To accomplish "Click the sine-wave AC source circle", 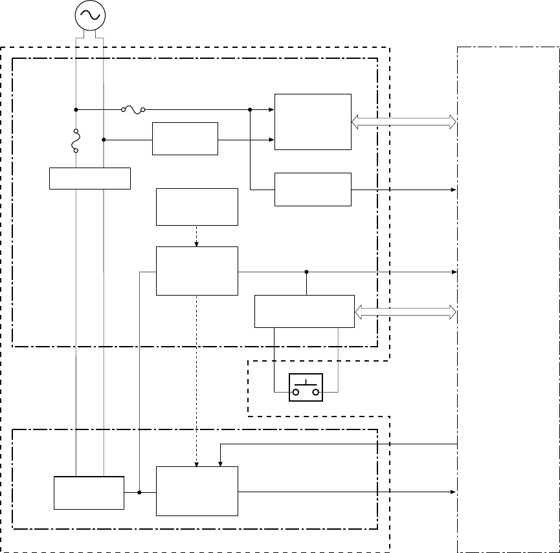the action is pos(89,16).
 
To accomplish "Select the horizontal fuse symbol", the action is pos(133,110).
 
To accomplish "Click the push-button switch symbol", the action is pos(306,387).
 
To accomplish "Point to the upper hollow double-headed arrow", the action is pos(404,121).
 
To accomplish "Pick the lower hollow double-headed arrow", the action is pos(406,312).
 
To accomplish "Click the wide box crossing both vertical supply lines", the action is pos(90,178).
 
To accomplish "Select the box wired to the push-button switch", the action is pos(304,311).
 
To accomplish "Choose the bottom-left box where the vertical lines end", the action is pos(89,493).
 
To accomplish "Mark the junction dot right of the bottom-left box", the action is pos(140,493).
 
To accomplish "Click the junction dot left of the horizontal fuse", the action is pos(76,110).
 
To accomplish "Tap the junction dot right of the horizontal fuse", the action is pos(250,110).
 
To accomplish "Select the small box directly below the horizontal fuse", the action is pos(185,138).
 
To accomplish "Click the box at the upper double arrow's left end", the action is pos(313,122).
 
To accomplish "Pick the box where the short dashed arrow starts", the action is pos(197,207).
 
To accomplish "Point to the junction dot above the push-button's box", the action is pos(306,272).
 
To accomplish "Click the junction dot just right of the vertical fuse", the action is pos(104,139).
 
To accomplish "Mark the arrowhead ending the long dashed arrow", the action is pos(197,464).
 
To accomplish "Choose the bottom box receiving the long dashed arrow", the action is pos(197,491).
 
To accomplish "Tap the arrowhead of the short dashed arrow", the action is pos(197,244).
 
